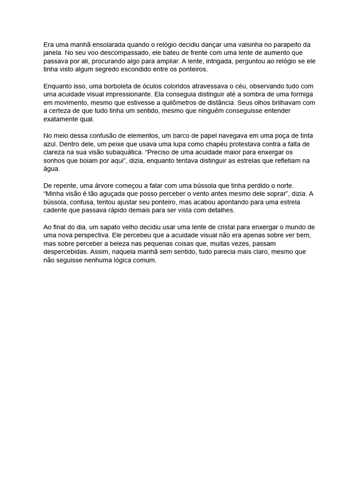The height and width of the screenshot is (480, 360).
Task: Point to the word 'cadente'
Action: pos(55,210)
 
